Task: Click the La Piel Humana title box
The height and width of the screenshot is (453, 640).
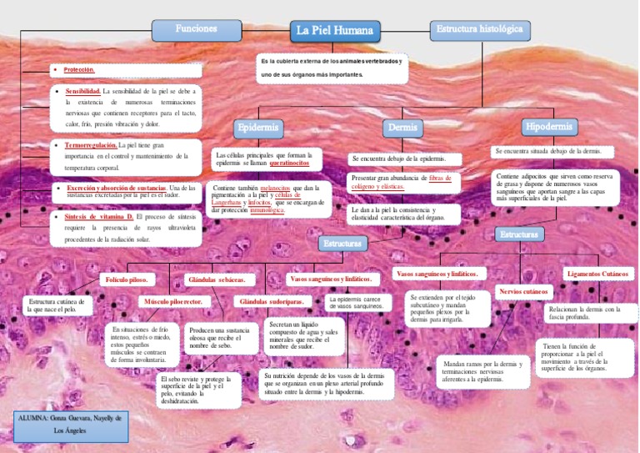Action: pyautogui.click(x=336, y=32)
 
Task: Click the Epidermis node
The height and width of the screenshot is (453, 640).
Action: pyautogui.click(x=257, y=128)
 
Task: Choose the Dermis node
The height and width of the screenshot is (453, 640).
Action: pyautogui.click(x=402, y=128)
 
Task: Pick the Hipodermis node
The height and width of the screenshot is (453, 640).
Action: pyautogui.click(x=548, y=127)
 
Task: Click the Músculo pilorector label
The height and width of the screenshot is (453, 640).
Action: pyautogui.click(x=172, y=300)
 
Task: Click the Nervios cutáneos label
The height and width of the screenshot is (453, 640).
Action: pyautogui.click(x=523, y=292)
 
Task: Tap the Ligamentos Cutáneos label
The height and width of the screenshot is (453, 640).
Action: pyautogui.click(x=597, y=274)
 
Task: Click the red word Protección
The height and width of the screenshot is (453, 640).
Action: pyautogui.click(x=79, y=70)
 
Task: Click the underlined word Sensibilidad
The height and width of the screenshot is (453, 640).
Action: pyautogui.click(x=82, y=90)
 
